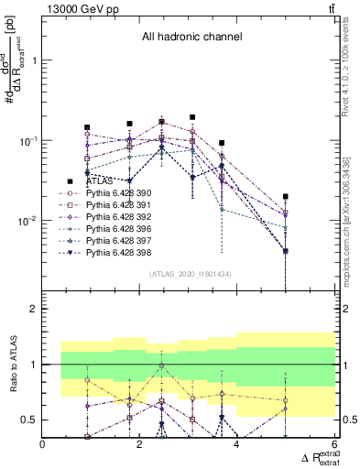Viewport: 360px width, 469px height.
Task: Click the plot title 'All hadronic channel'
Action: pos(191,38)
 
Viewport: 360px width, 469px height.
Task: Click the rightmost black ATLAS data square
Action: pos(286,196)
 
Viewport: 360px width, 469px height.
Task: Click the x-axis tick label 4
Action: pos(236,446)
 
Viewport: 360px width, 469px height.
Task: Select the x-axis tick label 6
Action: pos(333,446)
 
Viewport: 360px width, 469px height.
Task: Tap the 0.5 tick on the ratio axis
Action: pos(29,420)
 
